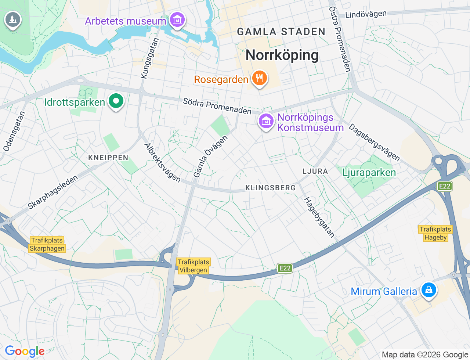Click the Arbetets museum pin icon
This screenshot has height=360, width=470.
pyautogui.click(x=177, y=20)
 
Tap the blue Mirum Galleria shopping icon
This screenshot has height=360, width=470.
pyautogui.click(x=428, y=290)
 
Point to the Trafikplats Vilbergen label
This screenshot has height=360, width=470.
pyautogui.click(x=194, y=266)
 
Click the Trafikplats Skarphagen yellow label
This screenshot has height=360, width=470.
pyautogui.click(x=47, y=244)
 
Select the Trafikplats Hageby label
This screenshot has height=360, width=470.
pyautogui.click(x=435, y=233)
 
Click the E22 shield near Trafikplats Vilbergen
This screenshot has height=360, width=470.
pyautogui.click(x=285, y=268)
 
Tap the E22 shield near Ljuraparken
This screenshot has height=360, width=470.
pyautogui.click(x=445, y=186)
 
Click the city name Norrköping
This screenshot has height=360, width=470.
pyautogui.click(x=282, y=55)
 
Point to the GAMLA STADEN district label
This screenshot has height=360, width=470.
pyautogui.click(x=281, y=32)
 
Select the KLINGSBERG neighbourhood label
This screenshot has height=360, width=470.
pyautogui.click(x=270, y=188)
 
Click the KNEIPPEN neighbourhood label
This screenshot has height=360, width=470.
pyautogui.click(x=108, y=158)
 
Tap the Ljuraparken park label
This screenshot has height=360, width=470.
pyautogui.click(x=369, y=172)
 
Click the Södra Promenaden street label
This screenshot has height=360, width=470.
pyautogui.click(x=217, y=106)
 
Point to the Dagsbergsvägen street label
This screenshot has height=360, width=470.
pyautogui.click(x=374, y=143)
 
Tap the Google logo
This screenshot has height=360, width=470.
pyautogui.click(x=25, y=352)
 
